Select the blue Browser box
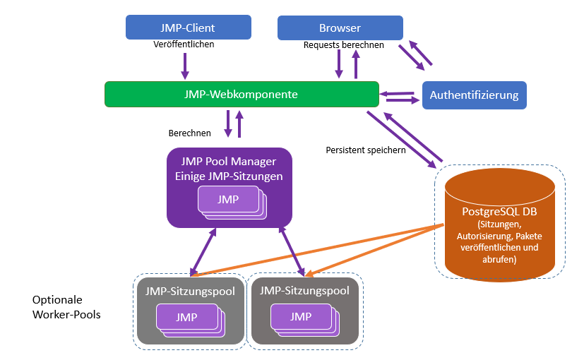pos(340,28)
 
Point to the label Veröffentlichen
pos(184,44)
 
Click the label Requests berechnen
pos(343,45)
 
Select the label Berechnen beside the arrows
pos(189,133)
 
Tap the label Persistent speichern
pos(365,150)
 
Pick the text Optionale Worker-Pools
pos(66,307)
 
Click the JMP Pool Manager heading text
pos(228,162)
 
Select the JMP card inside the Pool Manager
pos(227,200)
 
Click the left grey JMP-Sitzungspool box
pos(191,311)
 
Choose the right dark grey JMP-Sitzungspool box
pos(305,311)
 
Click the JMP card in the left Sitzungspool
pos(186,317)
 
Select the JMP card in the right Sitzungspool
pos(301,317)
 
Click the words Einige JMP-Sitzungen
pos(228,176)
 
